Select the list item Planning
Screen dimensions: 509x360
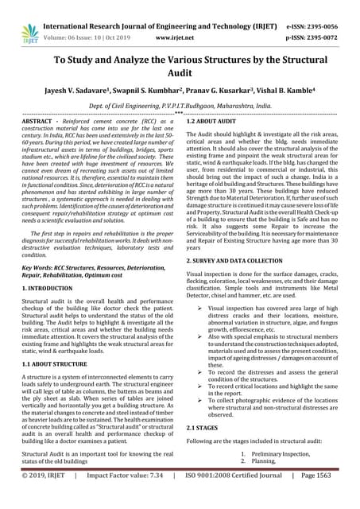(x=263, y=460)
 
